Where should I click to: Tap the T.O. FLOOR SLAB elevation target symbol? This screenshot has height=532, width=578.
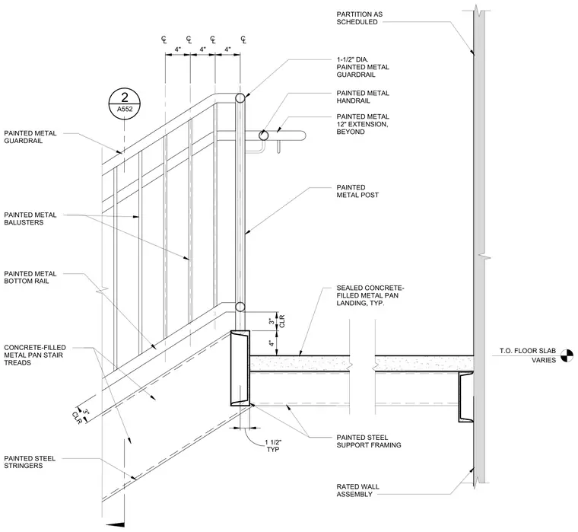point(567,355)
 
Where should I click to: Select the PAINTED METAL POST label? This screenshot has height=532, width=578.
point(357,191)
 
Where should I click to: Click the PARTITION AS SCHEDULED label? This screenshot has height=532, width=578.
point(360,18)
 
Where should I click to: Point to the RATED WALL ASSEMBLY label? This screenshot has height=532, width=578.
point(357,490)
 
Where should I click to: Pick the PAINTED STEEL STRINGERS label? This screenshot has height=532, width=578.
point(30,462)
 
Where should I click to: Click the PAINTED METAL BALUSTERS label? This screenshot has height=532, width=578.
point(30,218)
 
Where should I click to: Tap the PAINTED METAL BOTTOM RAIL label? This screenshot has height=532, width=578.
point(30,278)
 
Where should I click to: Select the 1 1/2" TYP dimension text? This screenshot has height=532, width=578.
point(273,446)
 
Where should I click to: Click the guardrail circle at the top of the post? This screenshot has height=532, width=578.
point(240,98)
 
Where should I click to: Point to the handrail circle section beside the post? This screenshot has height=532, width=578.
point(263,135)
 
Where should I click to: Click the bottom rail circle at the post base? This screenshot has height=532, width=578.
point(240,307)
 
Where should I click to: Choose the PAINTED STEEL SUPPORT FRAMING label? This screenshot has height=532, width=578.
point(369,441)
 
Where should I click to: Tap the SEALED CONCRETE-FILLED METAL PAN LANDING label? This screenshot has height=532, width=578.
point(370,295)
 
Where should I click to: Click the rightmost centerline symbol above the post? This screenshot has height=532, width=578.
point(243,39)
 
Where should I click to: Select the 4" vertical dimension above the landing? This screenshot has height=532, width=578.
point(272,343)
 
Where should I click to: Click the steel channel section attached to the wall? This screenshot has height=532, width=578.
point(466,397)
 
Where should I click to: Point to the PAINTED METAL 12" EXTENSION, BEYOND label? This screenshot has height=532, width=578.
point(363,124)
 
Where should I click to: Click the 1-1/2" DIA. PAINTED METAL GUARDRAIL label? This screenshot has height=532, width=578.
point(363,67)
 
